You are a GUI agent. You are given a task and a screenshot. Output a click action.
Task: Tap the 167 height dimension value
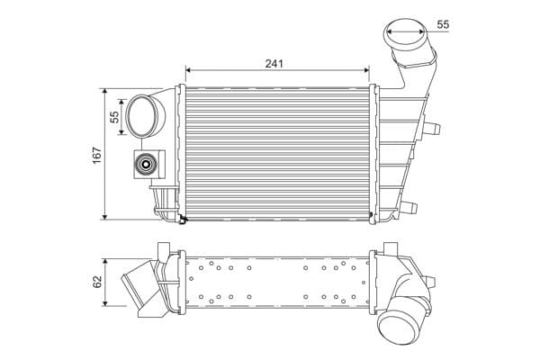(x=95, y=154)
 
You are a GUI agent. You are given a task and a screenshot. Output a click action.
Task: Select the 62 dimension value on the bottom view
(x=95, y=282)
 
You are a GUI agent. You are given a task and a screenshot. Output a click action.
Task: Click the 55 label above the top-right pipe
(x=443, y=24)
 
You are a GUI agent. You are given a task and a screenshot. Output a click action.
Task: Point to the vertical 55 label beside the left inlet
(x=114, y=116)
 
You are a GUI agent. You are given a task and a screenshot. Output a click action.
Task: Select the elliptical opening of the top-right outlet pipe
(x=405, y=37)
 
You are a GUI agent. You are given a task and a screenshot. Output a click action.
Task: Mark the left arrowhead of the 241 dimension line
(x=188, y=69)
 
